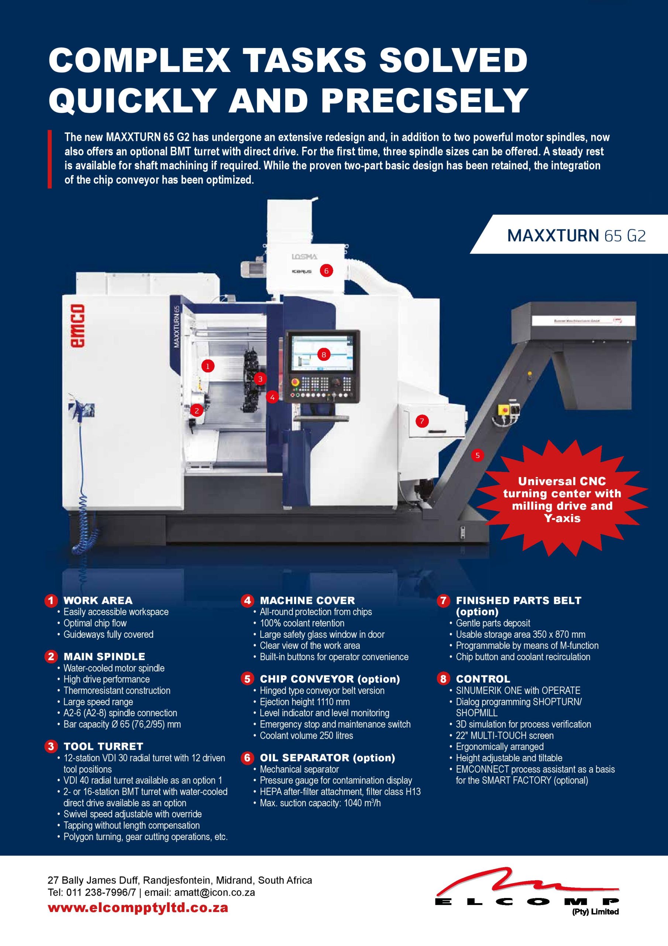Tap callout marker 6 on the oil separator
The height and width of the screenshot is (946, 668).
326,271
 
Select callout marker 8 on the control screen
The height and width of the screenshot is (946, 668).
324,354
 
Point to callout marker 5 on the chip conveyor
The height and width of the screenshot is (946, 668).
478,455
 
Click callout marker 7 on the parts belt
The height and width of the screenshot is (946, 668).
422,421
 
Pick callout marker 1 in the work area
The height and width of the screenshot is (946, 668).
208,365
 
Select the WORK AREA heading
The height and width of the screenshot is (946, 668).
98,600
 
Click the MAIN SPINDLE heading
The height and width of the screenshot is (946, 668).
104,656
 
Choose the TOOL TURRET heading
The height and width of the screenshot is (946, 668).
103,746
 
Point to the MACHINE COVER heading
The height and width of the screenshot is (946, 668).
307,600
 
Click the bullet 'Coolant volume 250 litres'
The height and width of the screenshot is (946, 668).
306,735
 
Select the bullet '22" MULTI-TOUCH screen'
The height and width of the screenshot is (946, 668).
505,735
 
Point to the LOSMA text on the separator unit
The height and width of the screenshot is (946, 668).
304,257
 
